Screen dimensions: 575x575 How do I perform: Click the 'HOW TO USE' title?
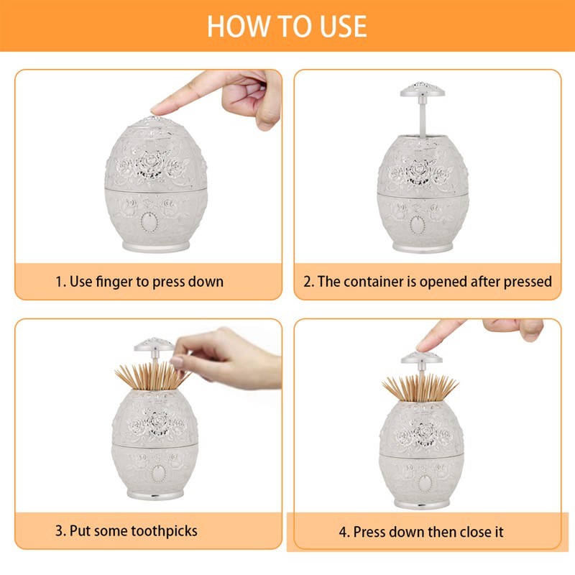click(287, 26)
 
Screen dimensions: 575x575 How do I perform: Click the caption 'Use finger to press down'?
click(139, 281)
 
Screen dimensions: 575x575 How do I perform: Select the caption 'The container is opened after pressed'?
click(427, 281)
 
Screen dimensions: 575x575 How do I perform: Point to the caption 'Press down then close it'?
click(421, 533)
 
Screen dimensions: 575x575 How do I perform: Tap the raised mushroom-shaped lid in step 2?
click(420, 90)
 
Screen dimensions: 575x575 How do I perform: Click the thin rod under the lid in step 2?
click(421, 115)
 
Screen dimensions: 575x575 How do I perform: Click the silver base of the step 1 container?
click(155, 246)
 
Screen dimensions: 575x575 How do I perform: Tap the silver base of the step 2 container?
click(423, 246)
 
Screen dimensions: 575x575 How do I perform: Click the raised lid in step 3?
click(151, 344)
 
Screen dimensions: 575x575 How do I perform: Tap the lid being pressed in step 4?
click(420, 358)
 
